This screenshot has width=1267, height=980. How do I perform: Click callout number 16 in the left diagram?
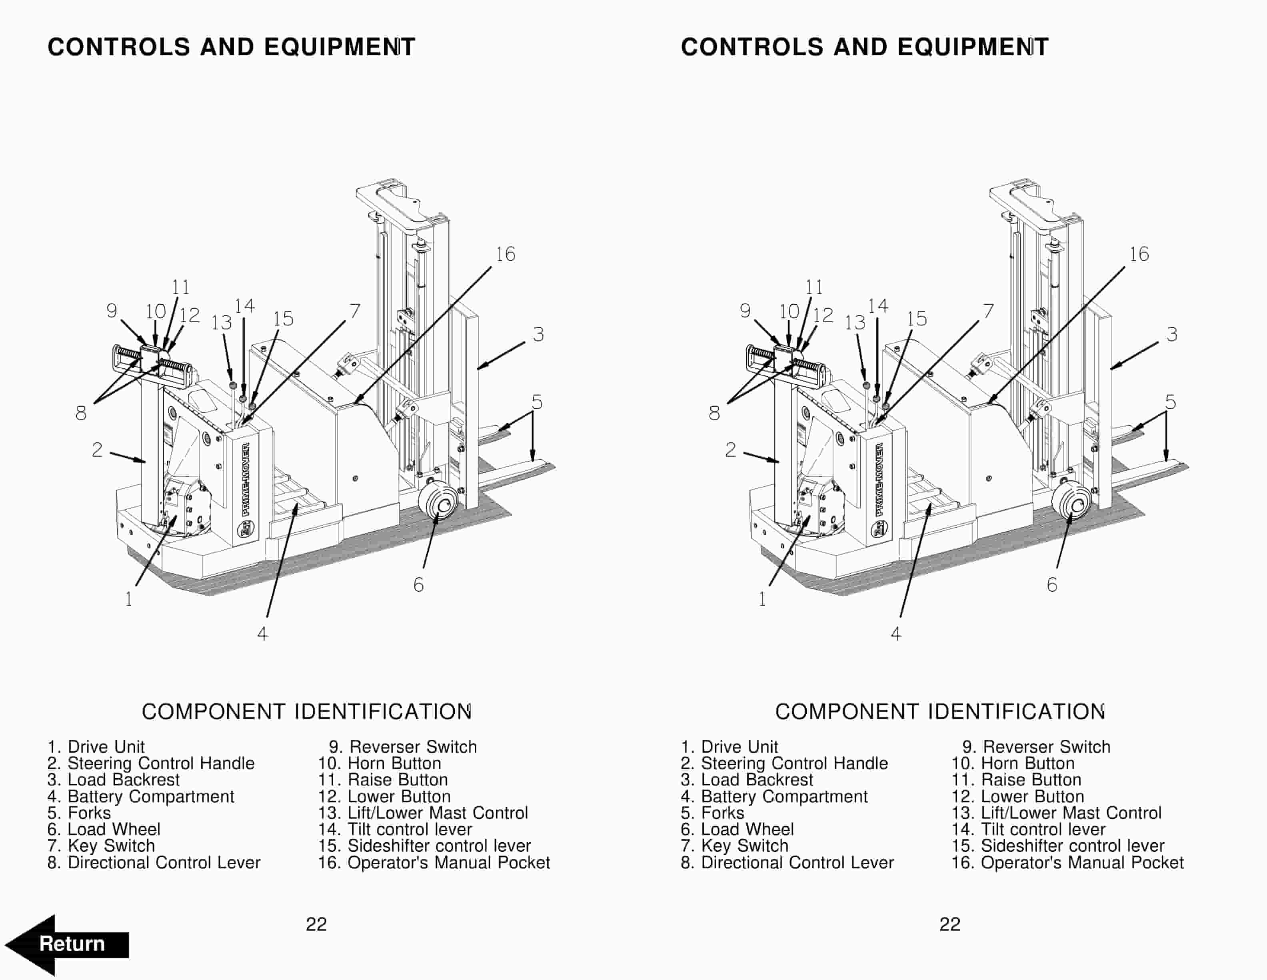505,254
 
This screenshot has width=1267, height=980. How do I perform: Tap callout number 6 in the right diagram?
1052,584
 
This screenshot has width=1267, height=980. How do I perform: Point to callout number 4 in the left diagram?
263,634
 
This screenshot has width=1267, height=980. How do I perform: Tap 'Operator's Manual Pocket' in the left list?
448,863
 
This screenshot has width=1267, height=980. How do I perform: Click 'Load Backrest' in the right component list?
757,780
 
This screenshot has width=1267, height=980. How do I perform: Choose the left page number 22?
316,924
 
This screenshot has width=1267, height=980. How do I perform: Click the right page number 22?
950,924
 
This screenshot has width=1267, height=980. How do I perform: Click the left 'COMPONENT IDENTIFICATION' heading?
306,712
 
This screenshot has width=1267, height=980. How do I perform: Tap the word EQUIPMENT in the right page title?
973,47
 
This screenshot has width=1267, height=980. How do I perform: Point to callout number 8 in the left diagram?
81,414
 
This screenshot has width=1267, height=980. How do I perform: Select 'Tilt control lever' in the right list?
1043,829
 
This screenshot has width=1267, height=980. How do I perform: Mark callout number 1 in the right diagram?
762,599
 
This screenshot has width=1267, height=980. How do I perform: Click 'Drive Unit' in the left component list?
106,747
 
